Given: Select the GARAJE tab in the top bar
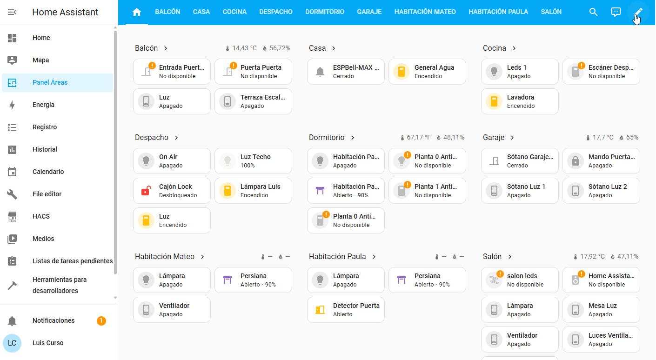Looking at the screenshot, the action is tap(369, 12).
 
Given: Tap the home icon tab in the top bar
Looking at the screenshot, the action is tap(137, 12).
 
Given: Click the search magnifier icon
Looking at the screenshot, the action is tap(593, 12).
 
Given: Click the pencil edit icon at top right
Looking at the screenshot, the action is tap(638, 12).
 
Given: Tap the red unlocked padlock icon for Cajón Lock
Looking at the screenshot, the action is tap(146, 191).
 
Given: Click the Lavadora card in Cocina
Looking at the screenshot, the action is tap(520, 101).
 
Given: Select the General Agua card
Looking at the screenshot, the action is tap(427, 72).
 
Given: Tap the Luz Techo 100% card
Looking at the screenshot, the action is tap(253, 161).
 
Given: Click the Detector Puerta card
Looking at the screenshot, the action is tap(346, 310).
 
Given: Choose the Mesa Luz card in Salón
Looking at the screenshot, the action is tap(601, 310).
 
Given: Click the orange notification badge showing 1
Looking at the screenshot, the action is tap(101, 321).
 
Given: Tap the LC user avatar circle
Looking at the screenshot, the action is tap(12, 343).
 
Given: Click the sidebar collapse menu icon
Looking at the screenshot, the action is tap(12, 12).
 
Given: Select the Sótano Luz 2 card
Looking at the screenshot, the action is tap(601, 191).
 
